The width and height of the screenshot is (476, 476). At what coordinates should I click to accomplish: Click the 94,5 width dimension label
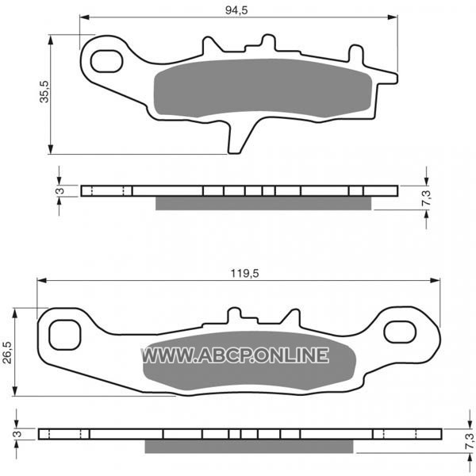236,10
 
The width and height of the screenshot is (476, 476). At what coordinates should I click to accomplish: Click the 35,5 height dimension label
44,92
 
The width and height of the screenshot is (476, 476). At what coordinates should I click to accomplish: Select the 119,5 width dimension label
244,274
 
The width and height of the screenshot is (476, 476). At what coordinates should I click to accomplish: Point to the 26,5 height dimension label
7,352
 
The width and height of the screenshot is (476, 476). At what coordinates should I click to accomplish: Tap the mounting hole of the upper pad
106,62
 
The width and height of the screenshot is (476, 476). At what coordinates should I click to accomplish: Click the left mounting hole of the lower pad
65,335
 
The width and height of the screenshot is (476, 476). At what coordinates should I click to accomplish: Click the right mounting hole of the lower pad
400,332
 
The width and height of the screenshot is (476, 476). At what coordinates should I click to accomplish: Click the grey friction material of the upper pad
263,88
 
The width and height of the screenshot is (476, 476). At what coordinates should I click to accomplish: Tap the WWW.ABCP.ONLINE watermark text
235,355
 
